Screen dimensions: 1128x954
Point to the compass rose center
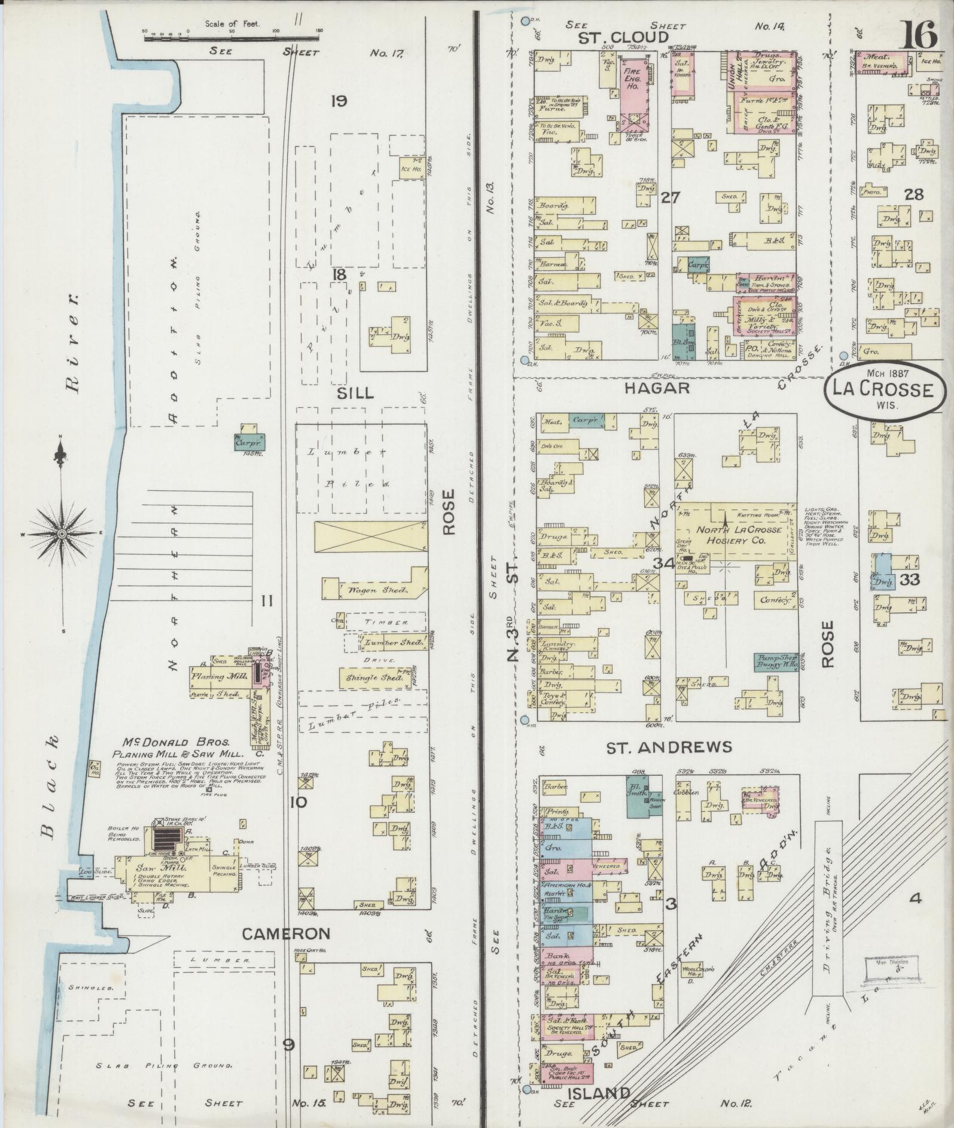click(x=62, y=533)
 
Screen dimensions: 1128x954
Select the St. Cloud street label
click(x=623, y=38)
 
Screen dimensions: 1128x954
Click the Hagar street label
click(x=657, y=388)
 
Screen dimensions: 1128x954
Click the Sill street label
click(x=355, y=393)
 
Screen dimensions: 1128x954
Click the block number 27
click(x=670, y=197)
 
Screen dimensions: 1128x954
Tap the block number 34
click(x=663, y=563)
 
